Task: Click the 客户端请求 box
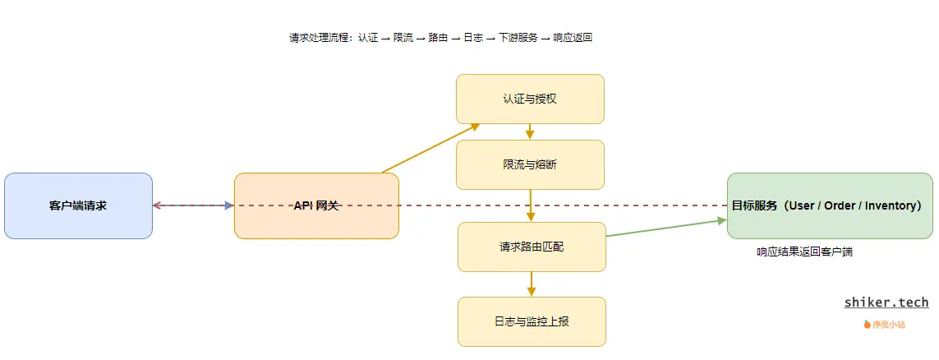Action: coord(78,205)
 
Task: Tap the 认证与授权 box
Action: coord(530,99)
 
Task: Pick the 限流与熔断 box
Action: coord(530,164)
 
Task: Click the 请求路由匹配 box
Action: coord(532,247)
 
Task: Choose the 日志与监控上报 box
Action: coord(532,321)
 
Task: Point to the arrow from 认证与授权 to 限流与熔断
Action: coord(530,132)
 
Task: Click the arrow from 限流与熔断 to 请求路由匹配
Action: coord(531,205)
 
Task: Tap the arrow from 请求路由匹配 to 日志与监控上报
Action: coord(532,284)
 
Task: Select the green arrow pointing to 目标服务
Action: coord(666,228)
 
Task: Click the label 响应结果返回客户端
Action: coord(804,252)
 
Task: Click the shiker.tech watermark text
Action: coord(886,302)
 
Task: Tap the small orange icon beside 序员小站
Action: coord(867,325)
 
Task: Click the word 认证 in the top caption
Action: coord(368,38)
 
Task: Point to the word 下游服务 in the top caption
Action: coord(518,38)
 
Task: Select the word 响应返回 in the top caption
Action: coord(573,38)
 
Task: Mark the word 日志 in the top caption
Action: coord(473,38)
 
